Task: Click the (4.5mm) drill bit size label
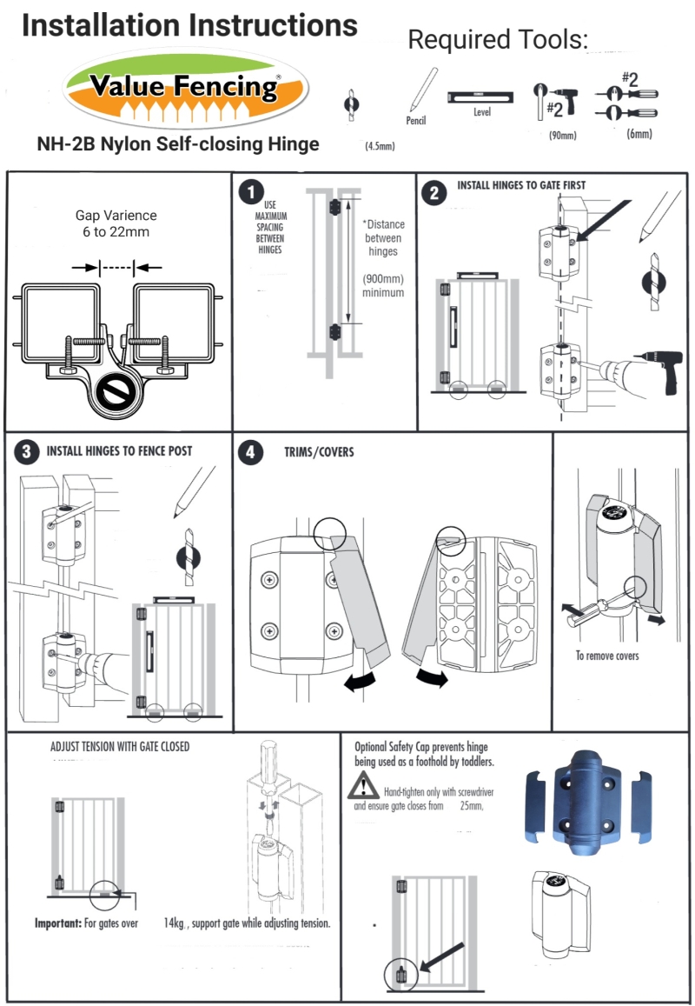pyautogui.click(x=379, y=147)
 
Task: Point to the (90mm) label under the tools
pyautogui.click(x=562, y=135)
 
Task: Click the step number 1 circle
pyautogui.click(x=251, y=190)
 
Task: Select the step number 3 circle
pyautogui.click(x=27, y=450)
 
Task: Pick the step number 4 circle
pyautogui.click(x=250, y=452)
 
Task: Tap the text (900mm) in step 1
pyautogui.click(x=383, y=279)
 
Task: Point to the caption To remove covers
pyautogui.click(x=606, y=655)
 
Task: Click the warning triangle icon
pyautogui.click(x=361, y=788)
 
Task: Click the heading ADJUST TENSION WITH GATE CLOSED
pyautogui.click(x=120, y=746)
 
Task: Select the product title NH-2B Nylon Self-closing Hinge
pyautogui.click(x=178, y=144)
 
